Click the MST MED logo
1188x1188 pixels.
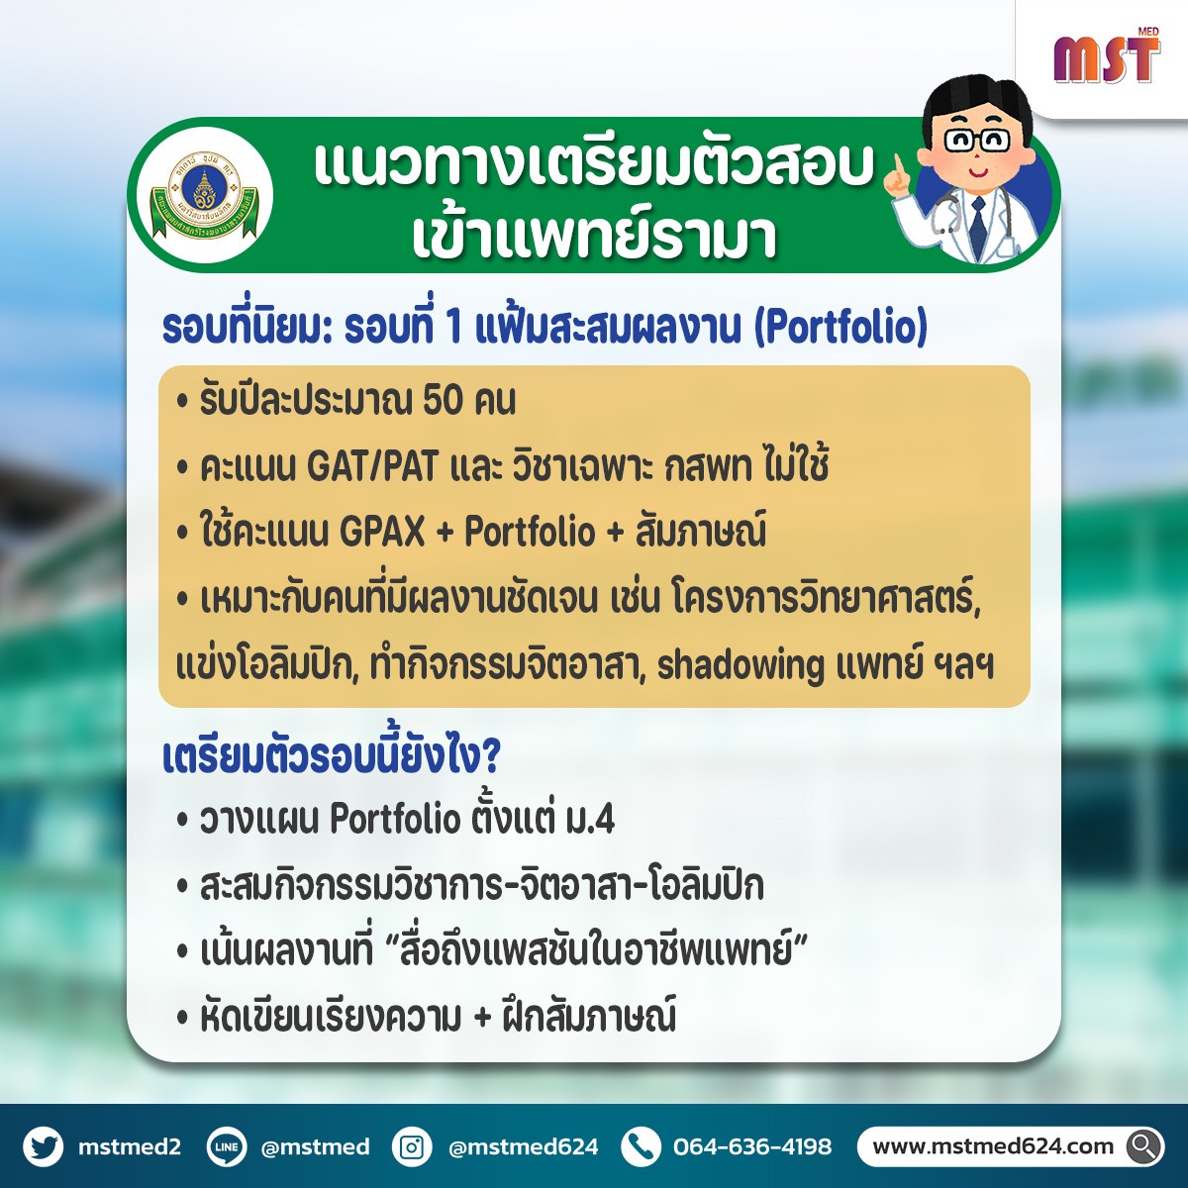[1107, 55]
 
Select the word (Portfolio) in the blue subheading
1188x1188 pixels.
[841, 328]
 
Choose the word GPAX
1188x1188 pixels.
[382, 532]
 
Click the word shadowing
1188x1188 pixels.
[741, 667]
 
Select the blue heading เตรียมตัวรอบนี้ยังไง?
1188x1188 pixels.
[331, 757]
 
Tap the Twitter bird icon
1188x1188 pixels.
[44, 1146]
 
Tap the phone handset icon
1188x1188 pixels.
[642, 1146]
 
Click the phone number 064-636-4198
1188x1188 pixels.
[752, 1147]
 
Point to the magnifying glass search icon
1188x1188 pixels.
[1143, 1146]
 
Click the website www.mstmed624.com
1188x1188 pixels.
[993, 1146]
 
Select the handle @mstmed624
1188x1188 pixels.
[524, 1147]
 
